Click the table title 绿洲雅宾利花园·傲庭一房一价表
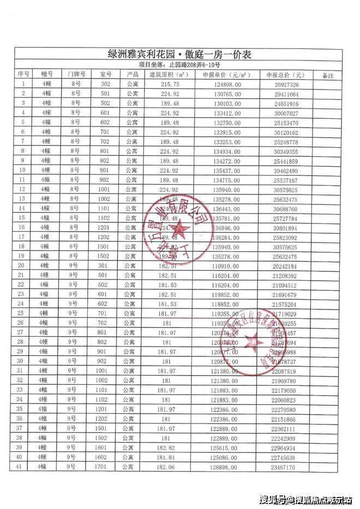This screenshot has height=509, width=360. point(179,55)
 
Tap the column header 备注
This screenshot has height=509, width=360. point(328,75)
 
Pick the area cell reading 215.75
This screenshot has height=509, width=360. point(169,84)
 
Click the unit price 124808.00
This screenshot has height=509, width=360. point(229,84)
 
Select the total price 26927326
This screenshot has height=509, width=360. point(286,85)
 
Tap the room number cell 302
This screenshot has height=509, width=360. point(105,84)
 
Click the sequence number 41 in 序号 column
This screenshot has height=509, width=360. point(23,467)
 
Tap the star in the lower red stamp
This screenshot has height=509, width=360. point(253,342)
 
